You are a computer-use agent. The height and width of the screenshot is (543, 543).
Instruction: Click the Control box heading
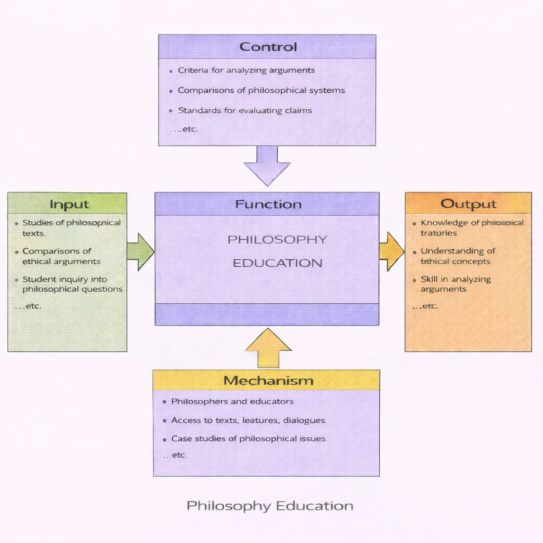(x=268, y=47)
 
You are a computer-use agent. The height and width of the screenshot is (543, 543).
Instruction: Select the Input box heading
(x=69, y=204)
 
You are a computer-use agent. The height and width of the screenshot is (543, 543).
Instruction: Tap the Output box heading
(x=468, y=204)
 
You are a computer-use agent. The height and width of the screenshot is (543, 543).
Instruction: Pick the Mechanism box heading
(x=268, y=380)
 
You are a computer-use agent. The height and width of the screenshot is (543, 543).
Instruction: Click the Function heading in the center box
(x=268, y=204)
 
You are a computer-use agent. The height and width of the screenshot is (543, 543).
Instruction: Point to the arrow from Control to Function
(x=267, y=165)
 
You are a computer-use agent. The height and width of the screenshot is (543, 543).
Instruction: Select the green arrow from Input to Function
(x=140, y=251)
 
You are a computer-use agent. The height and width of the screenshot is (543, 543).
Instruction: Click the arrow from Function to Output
(x=391, y=251)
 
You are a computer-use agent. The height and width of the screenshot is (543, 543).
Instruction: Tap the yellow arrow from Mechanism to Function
(x=269, y=348)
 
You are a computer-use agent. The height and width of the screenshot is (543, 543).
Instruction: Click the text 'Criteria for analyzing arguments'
(x=246, y=70)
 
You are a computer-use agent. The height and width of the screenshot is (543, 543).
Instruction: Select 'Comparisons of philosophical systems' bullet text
(x=261, y=90)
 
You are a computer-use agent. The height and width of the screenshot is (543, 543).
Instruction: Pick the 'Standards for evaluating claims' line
(x=244, y=110)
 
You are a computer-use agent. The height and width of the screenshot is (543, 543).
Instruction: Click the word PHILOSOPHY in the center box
(x=277, y=240)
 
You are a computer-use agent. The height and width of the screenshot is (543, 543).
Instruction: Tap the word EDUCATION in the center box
(x=277, y=263)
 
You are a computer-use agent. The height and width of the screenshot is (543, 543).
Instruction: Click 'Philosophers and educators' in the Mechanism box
(x=232, y=401)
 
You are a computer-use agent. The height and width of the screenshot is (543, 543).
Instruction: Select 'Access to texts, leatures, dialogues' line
(x=248, y=420)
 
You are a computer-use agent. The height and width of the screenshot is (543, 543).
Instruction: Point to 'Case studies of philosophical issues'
(x=248, y=439)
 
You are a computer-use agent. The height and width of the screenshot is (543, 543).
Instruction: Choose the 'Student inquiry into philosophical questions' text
(x=72, y=284)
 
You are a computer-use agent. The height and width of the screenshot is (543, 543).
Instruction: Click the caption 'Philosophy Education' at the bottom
(x=270, y=505)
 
